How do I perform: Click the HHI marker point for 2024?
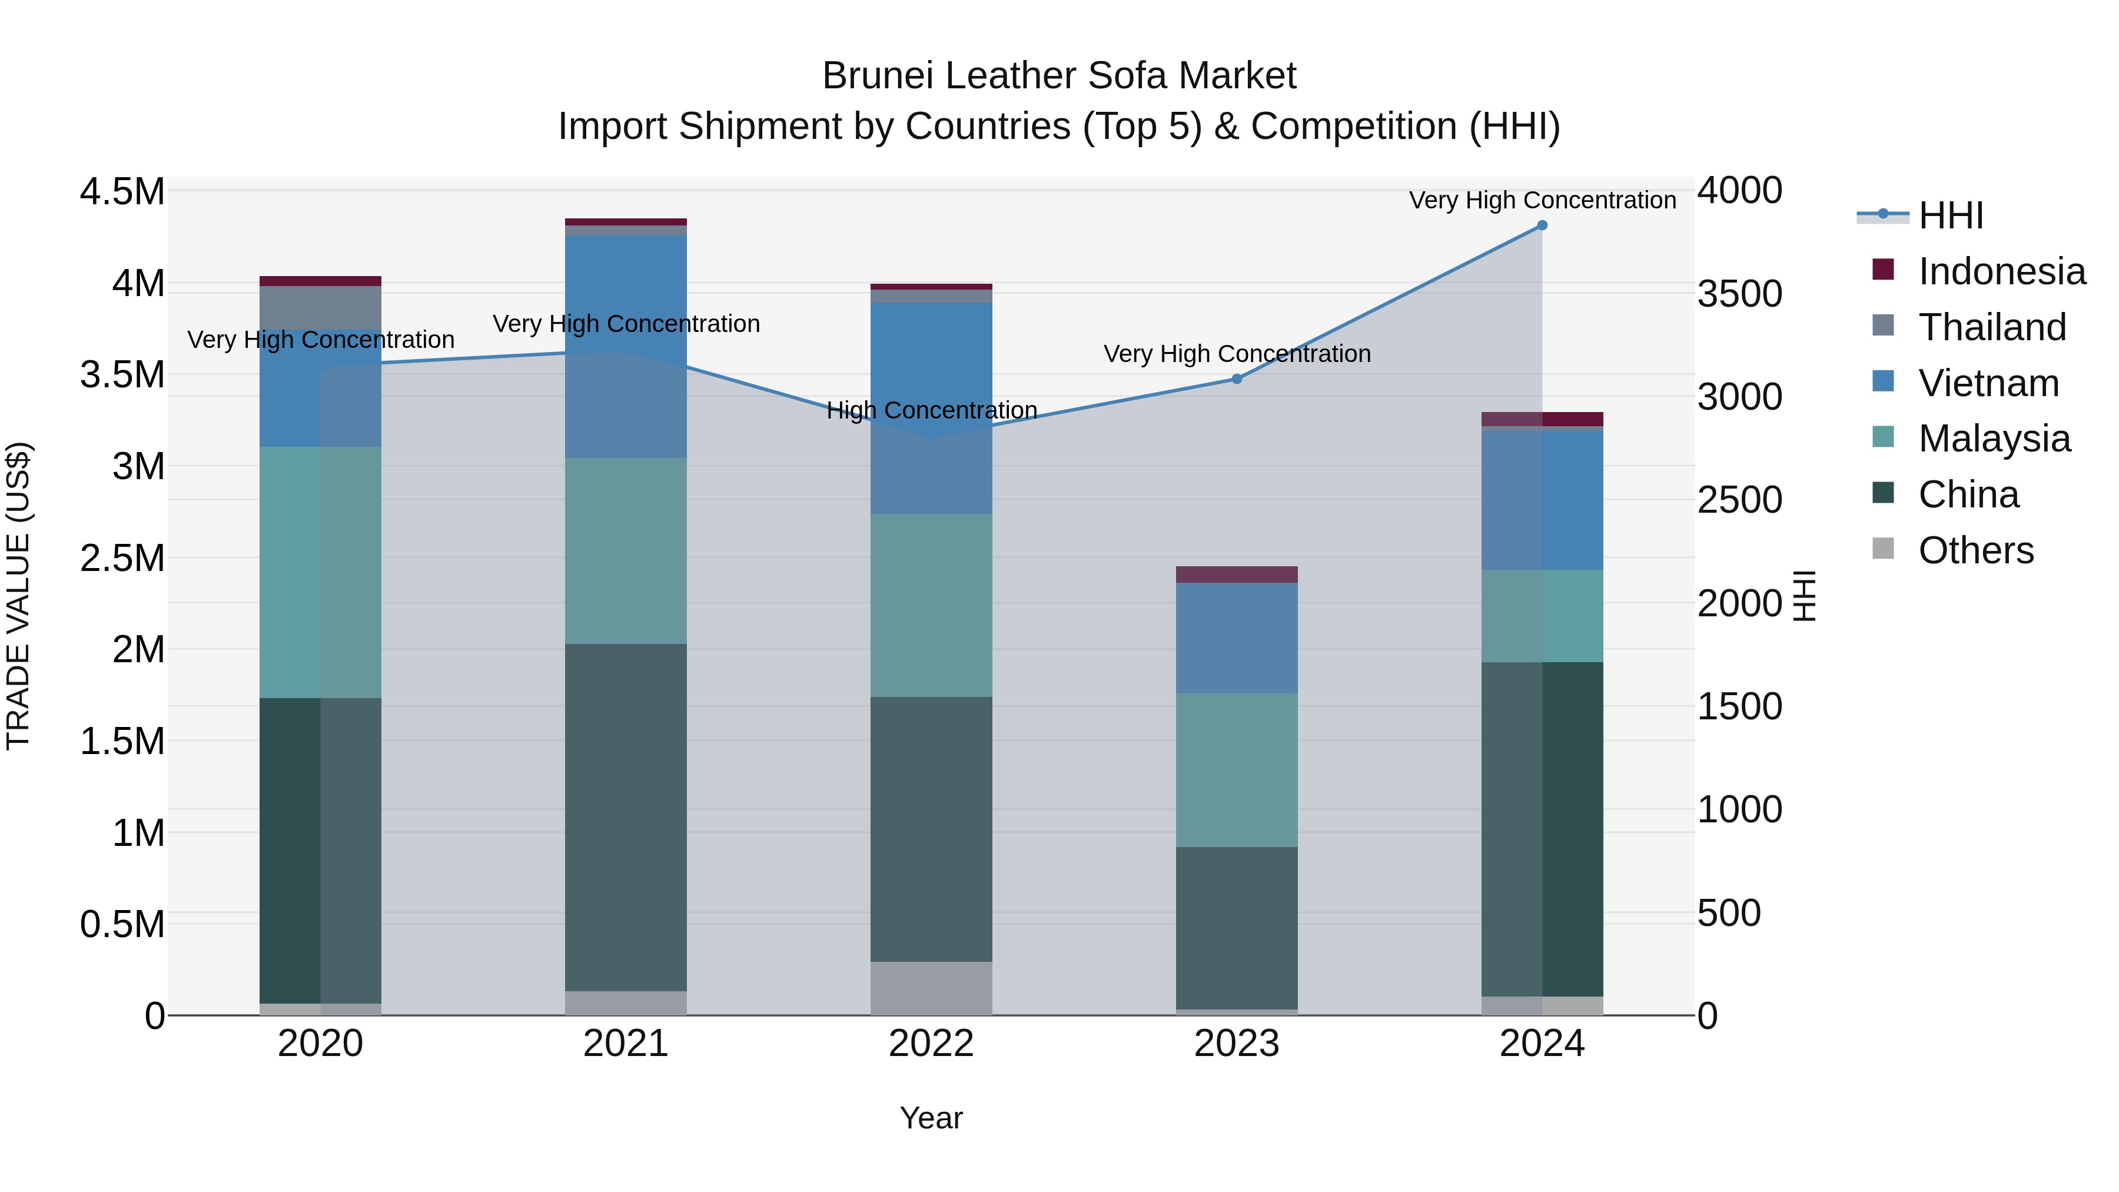pyautogui.click(x=1542, y=225)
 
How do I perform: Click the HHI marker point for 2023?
pyautogui.click(x=1236, y=379)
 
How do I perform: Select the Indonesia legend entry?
pyautogui.click(x=2001, y=271)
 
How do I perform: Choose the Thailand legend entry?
pyautogui.click(x=1991, y=327)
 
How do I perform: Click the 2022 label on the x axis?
pyautogui.click(x=931, y=1044)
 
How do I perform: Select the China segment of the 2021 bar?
pyautogui.click(x=626, y=817)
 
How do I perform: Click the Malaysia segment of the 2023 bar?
pyautogui.click(x=1236, y=769)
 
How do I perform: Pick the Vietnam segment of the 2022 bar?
pyautogui.click(x=931, y=408)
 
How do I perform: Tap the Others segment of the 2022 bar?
pyautogui.click(x=931, y=988)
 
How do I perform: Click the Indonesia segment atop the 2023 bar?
pyautogui.click(x=1236, y=574)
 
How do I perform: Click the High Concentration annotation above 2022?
pyautogui.click(x=931, y=410)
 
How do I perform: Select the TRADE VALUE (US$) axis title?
pyautogui.click(x=18, y=596)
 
